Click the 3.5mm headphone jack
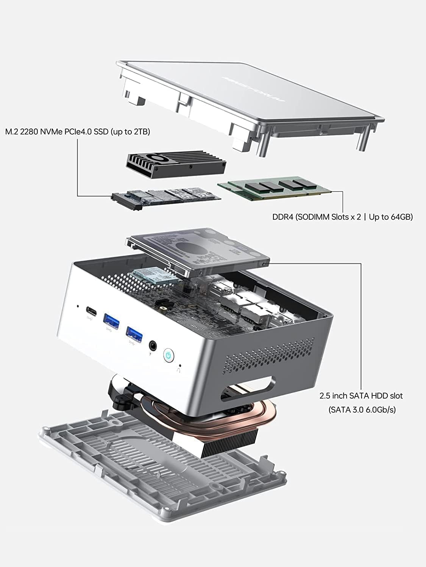(153, 345)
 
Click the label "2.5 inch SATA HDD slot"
(361, 396)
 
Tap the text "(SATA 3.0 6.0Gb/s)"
(362, 409)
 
